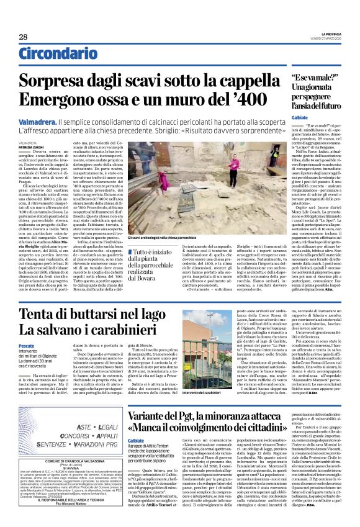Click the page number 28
pyautogui.click(x=23, y=37)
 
